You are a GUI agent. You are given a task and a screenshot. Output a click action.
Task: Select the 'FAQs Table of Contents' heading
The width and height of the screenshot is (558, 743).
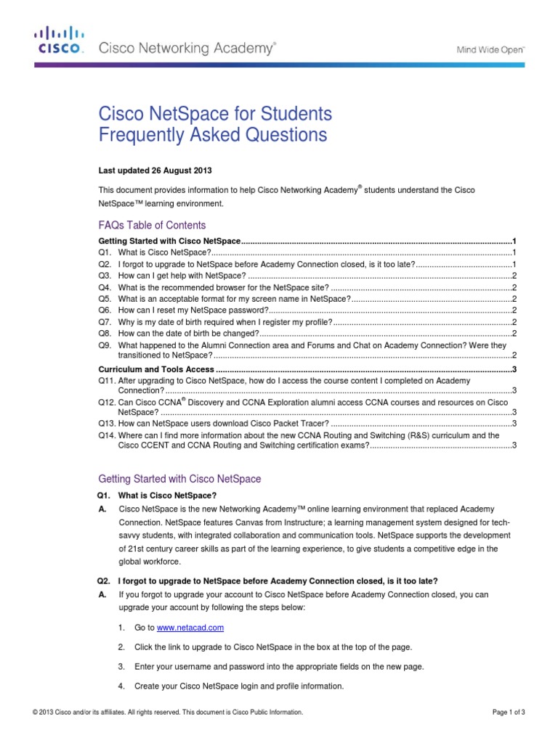[x=152, y=225]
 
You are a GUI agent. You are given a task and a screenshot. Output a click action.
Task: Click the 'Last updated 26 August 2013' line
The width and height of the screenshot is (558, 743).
[x=155, y=171]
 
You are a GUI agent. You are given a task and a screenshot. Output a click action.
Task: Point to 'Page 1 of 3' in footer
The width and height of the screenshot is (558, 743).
[x=509, y=713]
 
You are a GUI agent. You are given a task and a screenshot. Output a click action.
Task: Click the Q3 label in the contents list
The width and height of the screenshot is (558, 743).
[x=105, y=276]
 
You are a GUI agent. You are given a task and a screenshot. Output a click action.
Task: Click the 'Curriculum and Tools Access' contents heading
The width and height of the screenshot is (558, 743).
[x=156, y=369]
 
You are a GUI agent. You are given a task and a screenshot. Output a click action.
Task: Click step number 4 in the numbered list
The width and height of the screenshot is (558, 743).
[x=121, y=686]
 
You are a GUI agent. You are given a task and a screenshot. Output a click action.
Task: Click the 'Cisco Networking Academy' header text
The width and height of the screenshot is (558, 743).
[x=187, y=49]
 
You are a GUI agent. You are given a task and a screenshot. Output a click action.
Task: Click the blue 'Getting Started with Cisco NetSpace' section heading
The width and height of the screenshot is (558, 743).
[x=179, y=479]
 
